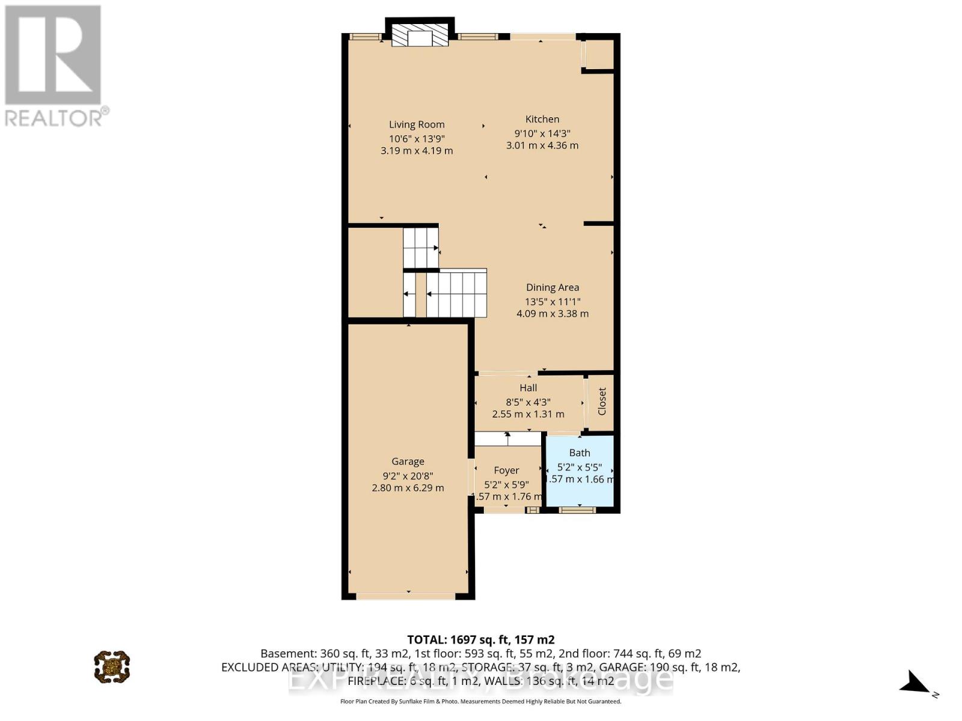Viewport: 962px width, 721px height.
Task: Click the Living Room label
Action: [x=417, y=124]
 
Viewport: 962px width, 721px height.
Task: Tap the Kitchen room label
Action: [x=542, y=119]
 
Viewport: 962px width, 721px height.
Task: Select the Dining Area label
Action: [x=553, y=287]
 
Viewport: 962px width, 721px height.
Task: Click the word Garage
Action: [x=408, y=461]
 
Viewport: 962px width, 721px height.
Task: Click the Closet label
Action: [x=602, y=401]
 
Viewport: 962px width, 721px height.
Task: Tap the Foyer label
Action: [x=506, y=470]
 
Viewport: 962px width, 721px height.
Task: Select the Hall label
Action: [x=528, y=388]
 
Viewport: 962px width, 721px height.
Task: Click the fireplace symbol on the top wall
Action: [x=420, y=36]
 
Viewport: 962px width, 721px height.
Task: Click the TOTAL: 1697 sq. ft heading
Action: [x=480, y=640]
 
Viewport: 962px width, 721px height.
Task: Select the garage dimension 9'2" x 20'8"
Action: [x=408, y=475]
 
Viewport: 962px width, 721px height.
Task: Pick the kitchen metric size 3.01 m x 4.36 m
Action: [x=542, y=145]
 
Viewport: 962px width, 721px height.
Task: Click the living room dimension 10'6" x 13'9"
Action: [x=417, y=138]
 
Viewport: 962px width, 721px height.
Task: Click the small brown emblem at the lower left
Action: [x=112, y=666]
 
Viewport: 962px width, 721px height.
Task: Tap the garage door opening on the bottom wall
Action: [x=406, y=596]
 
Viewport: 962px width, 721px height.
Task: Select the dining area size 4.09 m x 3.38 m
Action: [x=553, y=314]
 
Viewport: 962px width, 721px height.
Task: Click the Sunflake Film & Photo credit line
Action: [x=480, y=701]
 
